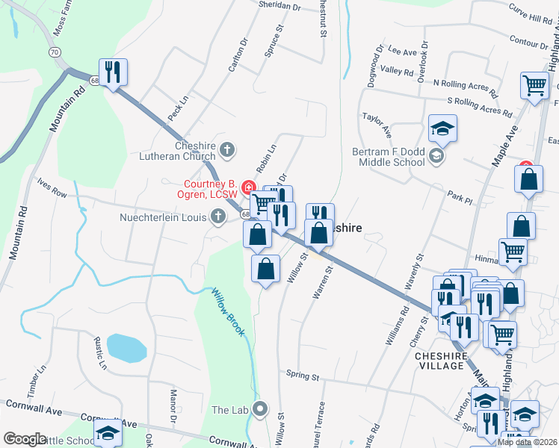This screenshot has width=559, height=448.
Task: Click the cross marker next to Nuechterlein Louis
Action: (217, 217)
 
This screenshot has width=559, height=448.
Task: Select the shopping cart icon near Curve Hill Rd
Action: (534, 86)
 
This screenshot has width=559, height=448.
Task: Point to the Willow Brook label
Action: (228, 311)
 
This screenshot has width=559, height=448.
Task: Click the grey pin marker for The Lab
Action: (260, 408)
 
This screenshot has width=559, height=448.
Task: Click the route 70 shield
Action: (54, 52)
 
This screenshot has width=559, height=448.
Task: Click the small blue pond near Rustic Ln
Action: (126, 346)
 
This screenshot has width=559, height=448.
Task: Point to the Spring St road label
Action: (303, 374)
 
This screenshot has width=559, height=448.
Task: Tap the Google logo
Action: (25, 439)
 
